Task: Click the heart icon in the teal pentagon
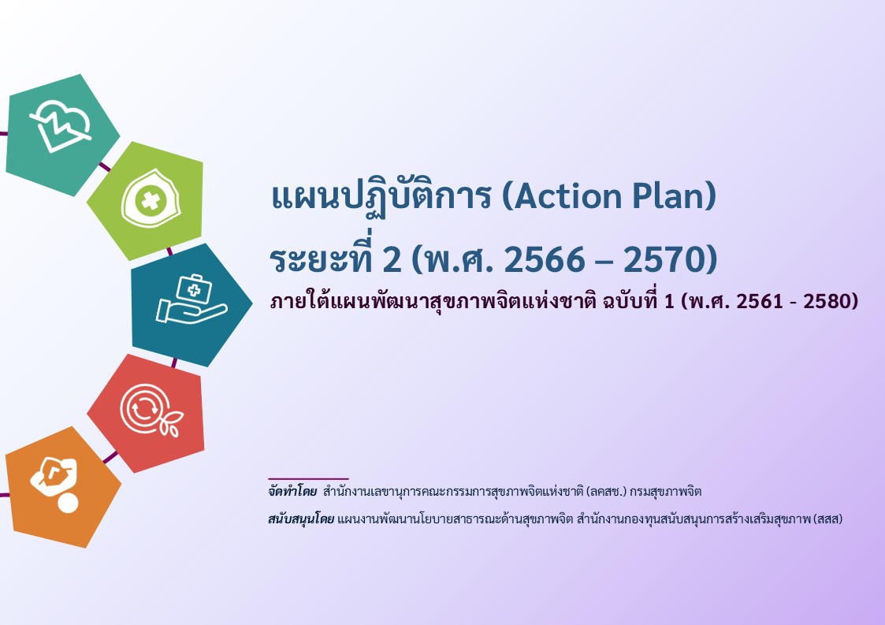pos(61,126)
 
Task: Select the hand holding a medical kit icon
pos(192,299)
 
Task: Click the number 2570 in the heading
pos(670,259)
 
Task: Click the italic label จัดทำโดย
pos(292,491)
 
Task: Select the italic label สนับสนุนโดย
pos(301,519)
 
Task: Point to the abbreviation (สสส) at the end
pos(828,519)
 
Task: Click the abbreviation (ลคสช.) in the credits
pos(607,491)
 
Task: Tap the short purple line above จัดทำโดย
pos(308,478)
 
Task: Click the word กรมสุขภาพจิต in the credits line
pos(666,491)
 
